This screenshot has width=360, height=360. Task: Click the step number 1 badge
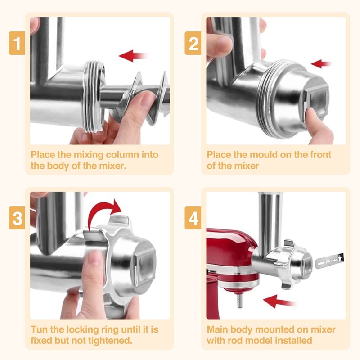click(17, 43)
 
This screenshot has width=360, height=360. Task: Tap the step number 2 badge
click(193, 43)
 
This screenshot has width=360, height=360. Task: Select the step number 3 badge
click(17, 218)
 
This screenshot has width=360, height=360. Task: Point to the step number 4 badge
click(193, 218)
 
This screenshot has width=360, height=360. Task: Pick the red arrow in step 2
click(321, 63)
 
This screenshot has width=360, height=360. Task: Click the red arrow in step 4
click(279, 301)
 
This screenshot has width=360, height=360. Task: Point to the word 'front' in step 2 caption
click(320, 155)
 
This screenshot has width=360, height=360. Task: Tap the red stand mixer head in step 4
click(229, 252)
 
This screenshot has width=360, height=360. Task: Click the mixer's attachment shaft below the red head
click(240, 301)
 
